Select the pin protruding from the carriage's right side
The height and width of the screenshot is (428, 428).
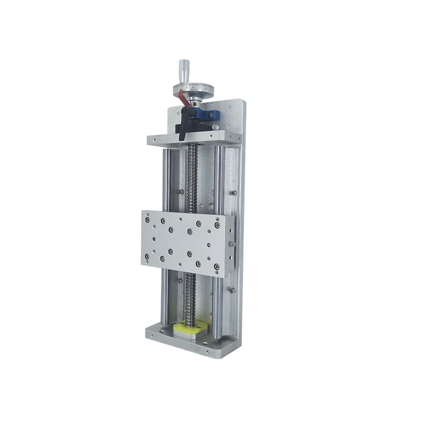pyautogui.click(x=233, y=244)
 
